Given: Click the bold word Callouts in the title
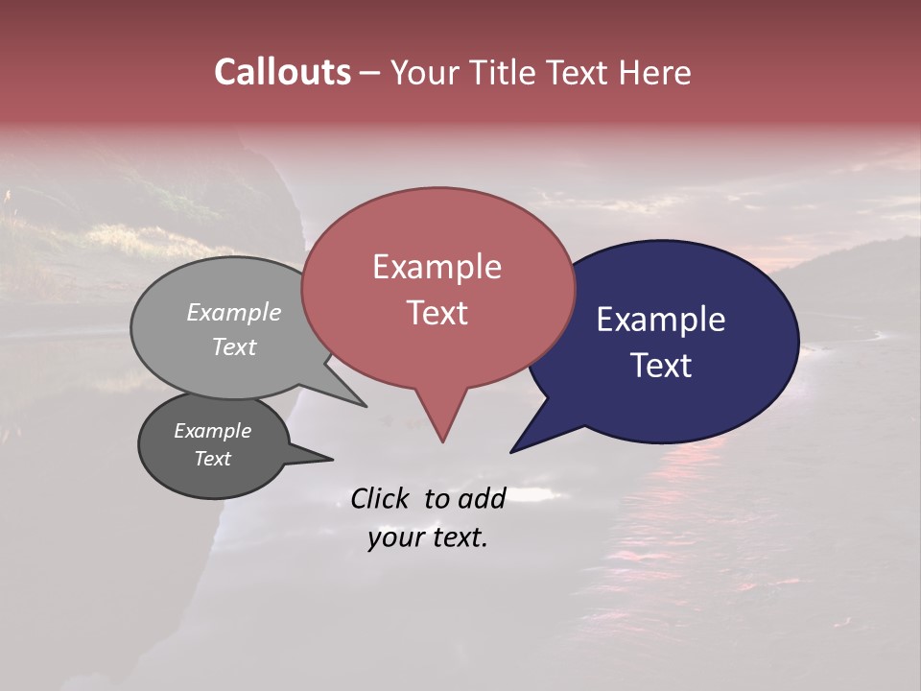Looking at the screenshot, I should click(x=282, y=72).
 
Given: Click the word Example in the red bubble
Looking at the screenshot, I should click(x=437, y=267).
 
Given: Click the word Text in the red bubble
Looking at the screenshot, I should click(x=437, y=313).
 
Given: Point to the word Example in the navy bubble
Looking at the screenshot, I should click(x=661, y=320).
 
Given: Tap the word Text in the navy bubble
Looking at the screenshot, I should click(x=661, y=366).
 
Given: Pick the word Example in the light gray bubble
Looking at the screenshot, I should click(x=234, y=312).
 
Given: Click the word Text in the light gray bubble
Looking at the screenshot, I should click(x=234, y=346).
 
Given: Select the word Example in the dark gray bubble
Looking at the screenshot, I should click(x=212, y=431).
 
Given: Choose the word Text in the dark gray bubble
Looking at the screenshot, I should click(x=212, y=459).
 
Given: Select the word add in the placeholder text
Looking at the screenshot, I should click(x=482, y=498).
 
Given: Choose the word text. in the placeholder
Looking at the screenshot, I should click(x=458, y=537).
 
